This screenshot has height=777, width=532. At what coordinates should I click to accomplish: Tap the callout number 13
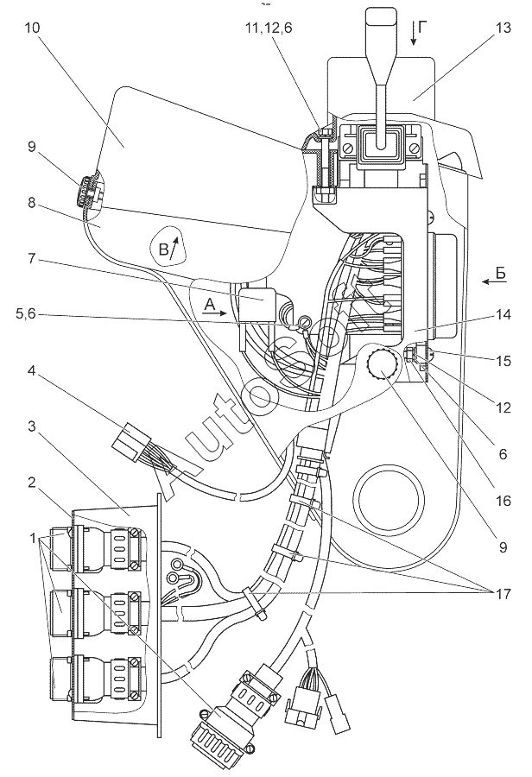(x=503, y=28)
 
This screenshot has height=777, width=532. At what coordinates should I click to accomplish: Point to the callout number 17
(x=503, y=593)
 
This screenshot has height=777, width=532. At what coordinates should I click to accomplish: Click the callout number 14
(x=503, y=314)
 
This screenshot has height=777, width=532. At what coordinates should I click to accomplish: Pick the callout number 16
(x=503, y=501)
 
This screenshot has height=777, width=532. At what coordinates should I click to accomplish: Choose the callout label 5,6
(x=25, y=314)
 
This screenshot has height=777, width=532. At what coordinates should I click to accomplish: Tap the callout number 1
(x=33, y=538)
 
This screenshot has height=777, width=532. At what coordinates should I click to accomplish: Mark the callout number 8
(x=31, y=203)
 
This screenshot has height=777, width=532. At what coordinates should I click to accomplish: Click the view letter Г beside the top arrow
(x=421, y=28)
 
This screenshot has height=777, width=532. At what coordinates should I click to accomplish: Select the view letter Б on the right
(x=501, y=273)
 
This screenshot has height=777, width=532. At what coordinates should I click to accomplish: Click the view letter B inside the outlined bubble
(x=163, y=249)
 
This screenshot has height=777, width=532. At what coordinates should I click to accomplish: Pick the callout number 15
(x=503, y=361)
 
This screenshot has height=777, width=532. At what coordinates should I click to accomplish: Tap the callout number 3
(x=31, y=426)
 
